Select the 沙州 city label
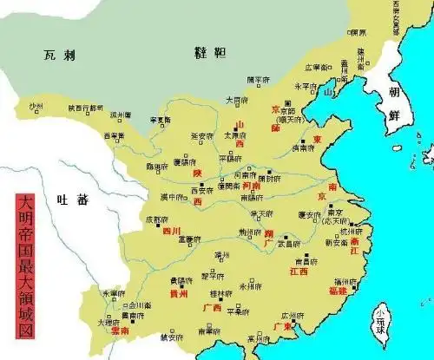[36, 108]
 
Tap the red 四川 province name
[171, 232]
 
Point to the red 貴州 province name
[178, 294]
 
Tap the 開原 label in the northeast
[357, 33]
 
